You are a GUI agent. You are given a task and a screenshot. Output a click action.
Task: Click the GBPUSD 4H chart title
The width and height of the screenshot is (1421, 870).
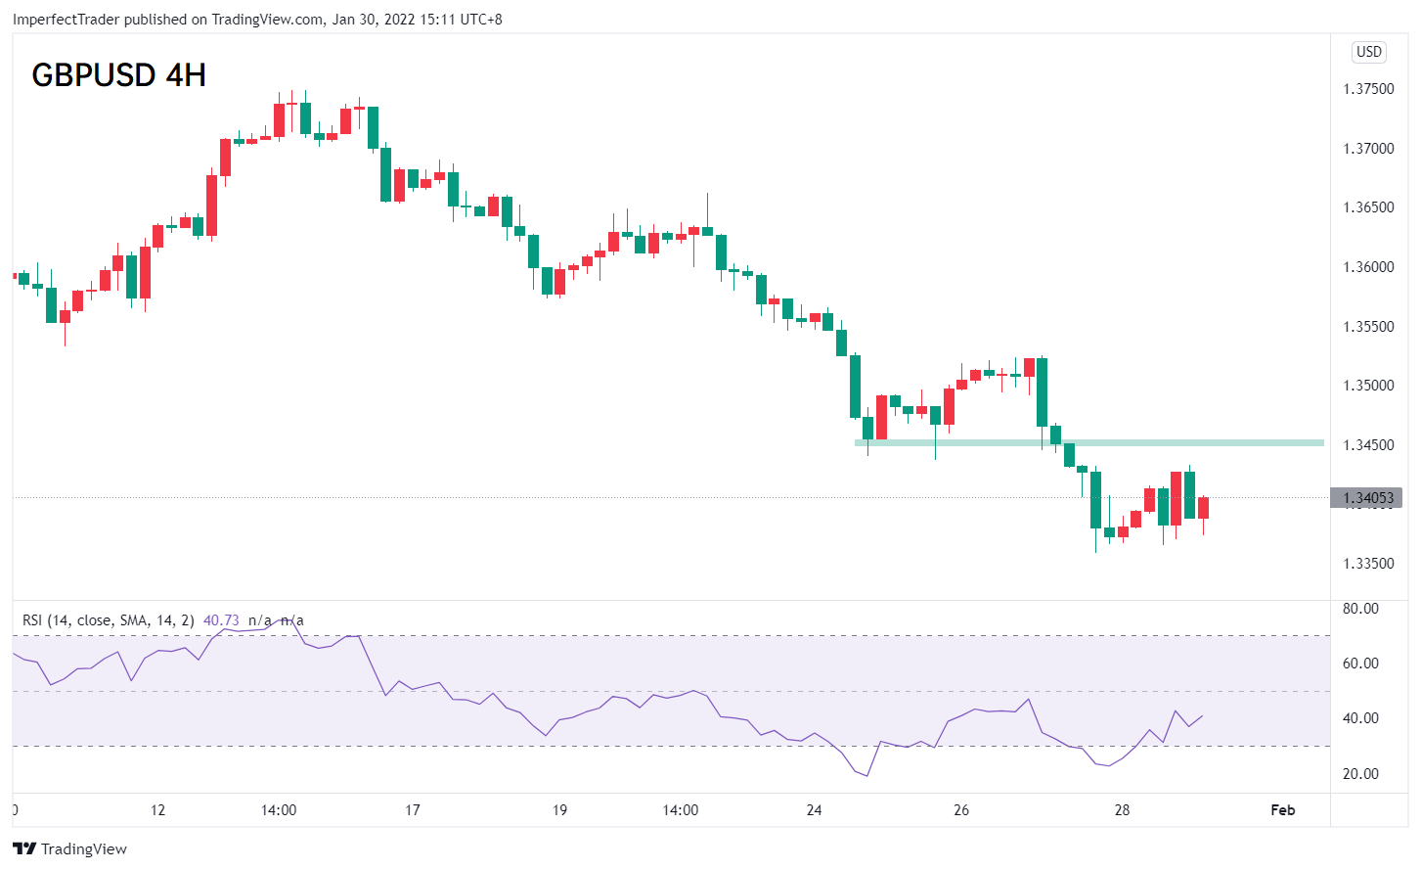point(118,75)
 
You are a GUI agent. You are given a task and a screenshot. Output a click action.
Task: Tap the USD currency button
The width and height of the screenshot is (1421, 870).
point(1368,52)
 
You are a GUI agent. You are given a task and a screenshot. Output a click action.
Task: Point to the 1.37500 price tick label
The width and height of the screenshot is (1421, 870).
point(1368,89)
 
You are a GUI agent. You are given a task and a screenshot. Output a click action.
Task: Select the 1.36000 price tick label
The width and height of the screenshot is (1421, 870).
point(1368,267)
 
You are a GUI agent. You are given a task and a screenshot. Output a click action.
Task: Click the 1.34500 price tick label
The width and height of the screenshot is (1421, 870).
point(1368,445)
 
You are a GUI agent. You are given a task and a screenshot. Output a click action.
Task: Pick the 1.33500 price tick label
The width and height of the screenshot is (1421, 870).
point(1368,564)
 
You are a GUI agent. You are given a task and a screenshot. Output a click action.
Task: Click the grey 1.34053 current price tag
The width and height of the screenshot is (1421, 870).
point(1366,497)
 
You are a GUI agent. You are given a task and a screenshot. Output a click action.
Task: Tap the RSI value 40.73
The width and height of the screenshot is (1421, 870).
point(221,620)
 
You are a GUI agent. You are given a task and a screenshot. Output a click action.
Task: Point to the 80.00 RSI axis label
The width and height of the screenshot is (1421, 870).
point(1360,609)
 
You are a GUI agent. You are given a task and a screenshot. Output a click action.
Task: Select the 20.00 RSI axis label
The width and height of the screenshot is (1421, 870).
point(1360,773)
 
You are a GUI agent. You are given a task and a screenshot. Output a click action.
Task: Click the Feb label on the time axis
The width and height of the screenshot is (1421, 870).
point(1283,809)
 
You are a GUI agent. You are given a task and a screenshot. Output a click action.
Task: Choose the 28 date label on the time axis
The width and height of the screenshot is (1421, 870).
point(1122,809)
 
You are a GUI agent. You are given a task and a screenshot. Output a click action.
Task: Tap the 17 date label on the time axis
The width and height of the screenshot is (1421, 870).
point(413,809)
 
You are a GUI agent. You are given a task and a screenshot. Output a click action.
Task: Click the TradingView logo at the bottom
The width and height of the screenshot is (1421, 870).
point(69,848)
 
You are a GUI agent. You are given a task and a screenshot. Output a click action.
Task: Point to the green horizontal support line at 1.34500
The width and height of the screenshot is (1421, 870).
point(1089,443)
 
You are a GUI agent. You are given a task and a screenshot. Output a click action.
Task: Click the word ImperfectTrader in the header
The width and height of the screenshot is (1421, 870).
point(66,20)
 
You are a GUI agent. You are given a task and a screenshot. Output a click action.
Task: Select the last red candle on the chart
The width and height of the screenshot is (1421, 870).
point(1204,508)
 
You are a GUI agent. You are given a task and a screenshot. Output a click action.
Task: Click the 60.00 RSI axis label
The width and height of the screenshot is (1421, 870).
point(1360,664)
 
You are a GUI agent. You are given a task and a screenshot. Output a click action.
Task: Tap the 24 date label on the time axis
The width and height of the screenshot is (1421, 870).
point(814,809)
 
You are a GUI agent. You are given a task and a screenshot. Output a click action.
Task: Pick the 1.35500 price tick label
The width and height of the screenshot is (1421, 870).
point(1368,327)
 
